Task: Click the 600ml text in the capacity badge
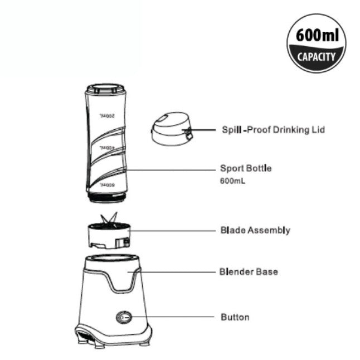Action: [x=316, y=36]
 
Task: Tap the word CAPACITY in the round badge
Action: [x=316, y=56]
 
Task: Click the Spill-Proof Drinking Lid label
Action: [x=273, y=129]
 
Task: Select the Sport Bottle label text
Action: [x=246, y=168]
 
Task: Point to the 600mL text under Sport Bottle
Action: [x=234, y=181]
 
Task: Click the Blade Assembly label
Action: [x=255, y=230]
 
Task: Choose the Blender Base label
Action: [x=249, y=272]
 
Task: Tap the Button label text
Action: [x=235, y=317]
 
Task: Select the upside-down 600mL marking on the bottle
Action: [x=106, y=183]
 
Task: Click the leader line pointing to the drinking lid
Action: [x=203, y=129]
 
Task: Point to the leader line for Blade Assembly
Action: [x=173, y=230]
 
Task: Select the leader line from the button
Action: [x=173, y=317]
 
